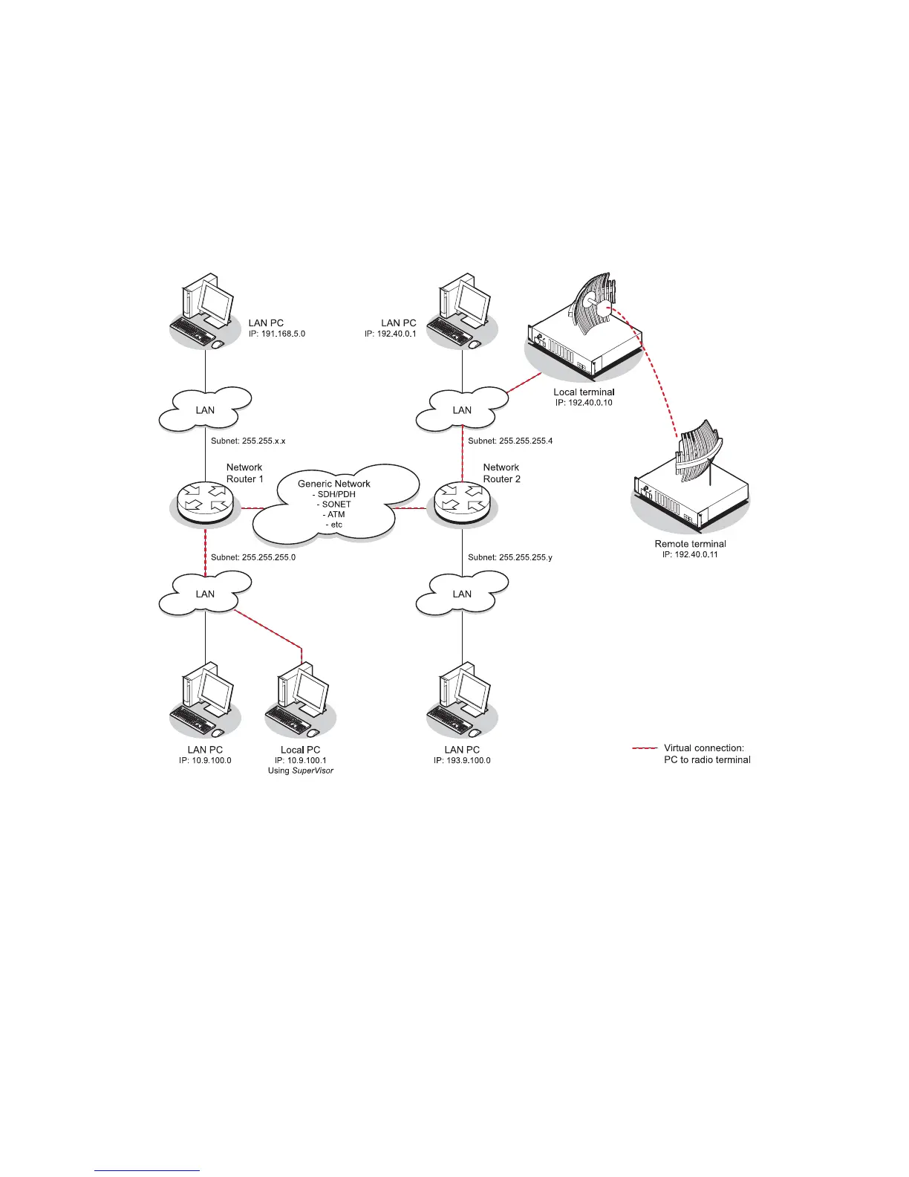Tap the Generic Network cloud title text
pyautogui.click(x=334, y=484)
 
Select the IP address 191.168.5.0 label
pyautogui.click(x=277, y=334)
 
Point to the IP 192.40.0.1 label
pyautogui.click(x=391, y=334)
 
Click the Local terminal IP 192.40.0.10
pyautogui.click(x=584, y=403)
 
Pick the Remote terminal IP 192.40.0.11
pyautogui.click(x=690, y=554)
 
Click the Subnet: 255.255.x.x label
pyautogui.click(x=248, y=441)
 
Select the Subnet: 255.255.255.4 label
pyautogui.click(x=510, y=441)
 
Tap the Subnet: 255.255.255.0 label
pyautogui.click(x=253, y=557)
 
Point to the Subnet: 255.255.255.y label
pyautogui.click(x=510, y=557)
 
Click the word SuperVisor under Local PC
pyautogui.click(x=313, y=771)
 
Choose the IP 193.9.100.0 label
pyautogui.click(x=462, y=761)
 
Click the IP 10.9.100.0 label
pyautogui.click(x=205, y=761)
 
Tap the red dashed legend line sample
pyautogui.click(x=645, y=748)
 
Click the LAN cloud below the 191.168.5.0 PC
pyautogui.click(x=205, y=409)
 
